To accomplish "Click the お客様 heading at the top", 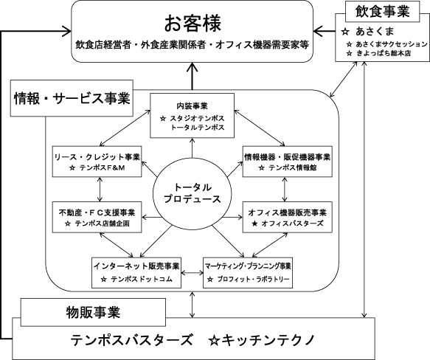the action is (x=193, y=24).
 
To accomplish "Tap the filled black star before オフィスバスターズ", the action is (x=254, y=224).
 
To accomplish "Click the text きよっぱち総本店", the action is (x=384, y=53).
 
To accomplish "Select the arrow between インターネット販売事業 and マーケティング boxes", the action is (x=193, y=273).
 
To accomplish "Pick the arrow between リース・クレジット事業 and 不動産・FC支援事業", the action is (x=100, y=190).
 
